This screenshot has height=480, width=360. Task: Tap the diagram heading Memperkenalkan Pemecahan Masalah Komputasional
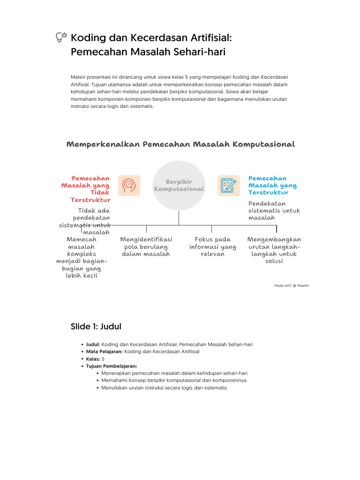[x=180, y=144]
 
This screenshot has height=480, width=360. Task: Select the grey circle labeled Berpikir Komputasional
[x=179, y=186]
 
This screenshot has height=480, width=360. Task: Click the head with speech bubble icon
[x=129, y=186]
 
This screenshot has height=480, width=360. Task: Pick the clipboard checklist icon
[x=229, y=186]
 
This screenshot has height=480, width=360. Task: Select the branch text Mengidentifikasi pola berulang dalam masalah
[x=146, y=247]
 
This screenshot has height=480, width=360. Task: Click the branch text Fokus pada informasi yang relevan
[x=212, y=247]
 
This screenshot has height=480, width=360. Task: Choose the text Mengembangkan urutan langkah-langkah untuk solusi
[x=274, y=250]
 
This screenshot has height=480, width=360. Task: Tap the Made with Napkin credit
[x=292, y=285]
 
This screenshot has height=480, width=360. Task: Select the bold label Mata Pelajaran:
[x=104, y=352]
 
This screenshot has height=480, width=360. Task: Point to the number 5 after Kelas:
[x=103, y=359]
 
